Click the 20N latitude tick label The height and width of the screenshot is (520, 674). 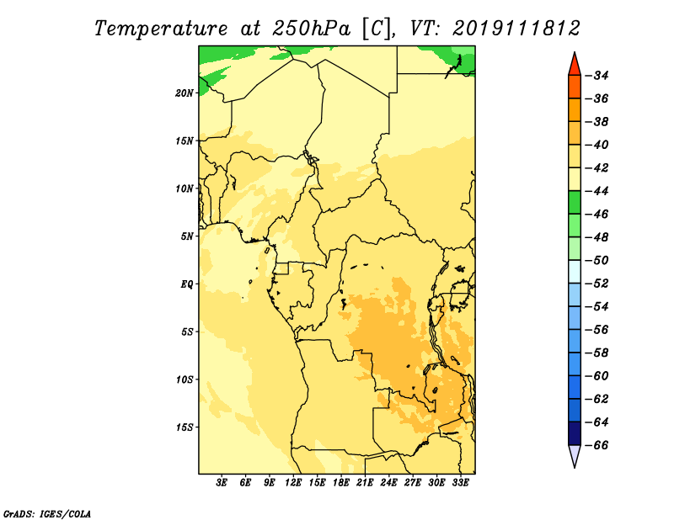coord(185,93)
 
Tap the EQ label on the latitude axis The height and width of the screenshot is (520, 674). coord(186,284)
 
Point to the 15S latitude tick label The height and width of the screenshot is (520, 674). coord(185,427)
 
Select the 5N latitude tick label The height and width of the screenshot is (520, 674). coord(187,236)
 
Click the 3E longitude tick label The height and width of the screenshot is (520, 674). coord(222,483)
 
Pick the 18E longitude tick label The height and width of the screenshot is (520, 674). coord(341,483)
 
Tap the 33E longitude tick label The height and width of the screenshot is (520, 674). coord(460,483)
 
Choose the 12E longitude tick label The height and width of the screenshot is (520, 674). coord(293,483)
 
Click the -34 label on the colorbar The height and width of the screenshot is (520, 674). coord(596,76)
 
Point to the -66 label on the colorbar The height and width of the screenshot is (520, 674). coord(596,445)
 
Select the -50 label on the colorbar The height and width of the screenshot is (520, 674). coord(596,260)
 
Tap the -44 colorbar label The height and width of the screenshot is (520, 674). coord(596,191)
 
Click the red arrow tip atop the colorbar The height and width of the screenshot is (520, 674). coord(575,52)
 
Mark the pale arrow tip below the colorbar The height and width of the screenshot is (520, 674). coord(575,468)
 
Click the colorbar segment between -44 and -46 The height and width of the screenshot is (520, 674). coord(575,202)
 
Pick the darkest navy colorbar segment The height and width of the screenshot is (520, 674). coord(575,433)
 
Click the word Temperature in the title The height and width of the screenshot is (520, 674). coord(161,29)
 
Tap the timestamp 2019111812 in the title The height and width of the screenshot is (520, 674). coord(516,29)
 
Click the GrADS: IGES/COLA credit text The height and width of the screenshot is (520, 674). coord(47,513)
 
